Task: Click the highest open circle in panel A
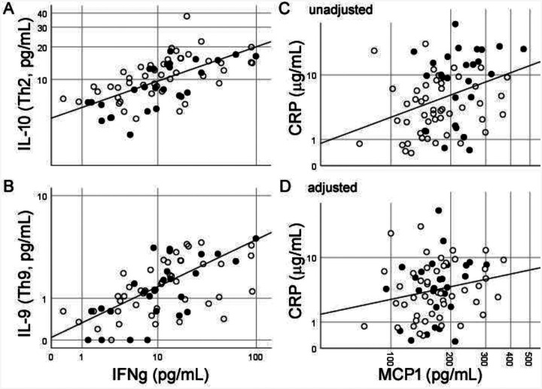(187, 17)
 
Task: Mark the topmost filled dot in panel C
(455, 24)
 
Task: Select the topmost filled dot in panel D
(438, 210)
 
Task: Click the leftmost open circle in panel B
(63, 311)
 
